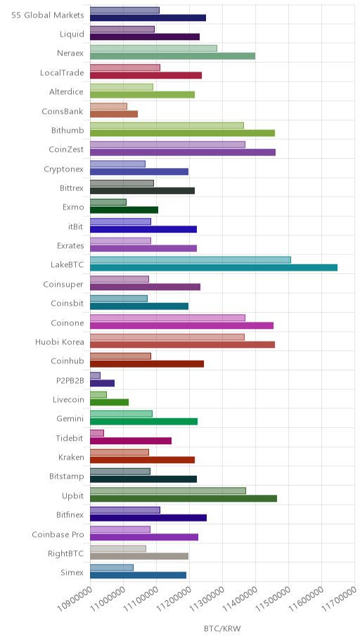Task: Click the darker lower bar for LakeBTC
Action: [214, 268]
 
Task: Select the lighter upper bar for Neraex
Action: [153, 48]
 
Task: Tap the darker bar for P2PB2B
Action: [102, 383]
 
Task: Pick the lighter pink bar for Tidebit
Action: [97, 433]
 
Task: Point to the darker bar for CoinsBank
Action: [114, 114]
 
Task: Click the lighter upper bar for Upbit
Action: [168, 491]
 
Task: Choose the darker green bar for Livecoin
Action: [109, 402]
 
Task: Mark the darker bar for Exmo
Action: [124, 209]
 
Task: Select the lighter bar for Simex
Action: [112, 568]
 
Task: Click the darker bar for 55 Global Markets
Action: [148, 18]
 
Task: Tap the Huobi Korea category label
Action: [59, 342]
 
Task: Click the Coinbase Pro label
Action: [58, 534]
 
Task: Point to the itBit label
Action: [76, 226]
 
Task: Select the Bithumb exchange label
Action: [67, 131]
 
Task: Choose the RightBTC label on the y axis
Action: [65, 554]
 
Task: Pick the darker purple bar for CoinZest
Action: [183, 152]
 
